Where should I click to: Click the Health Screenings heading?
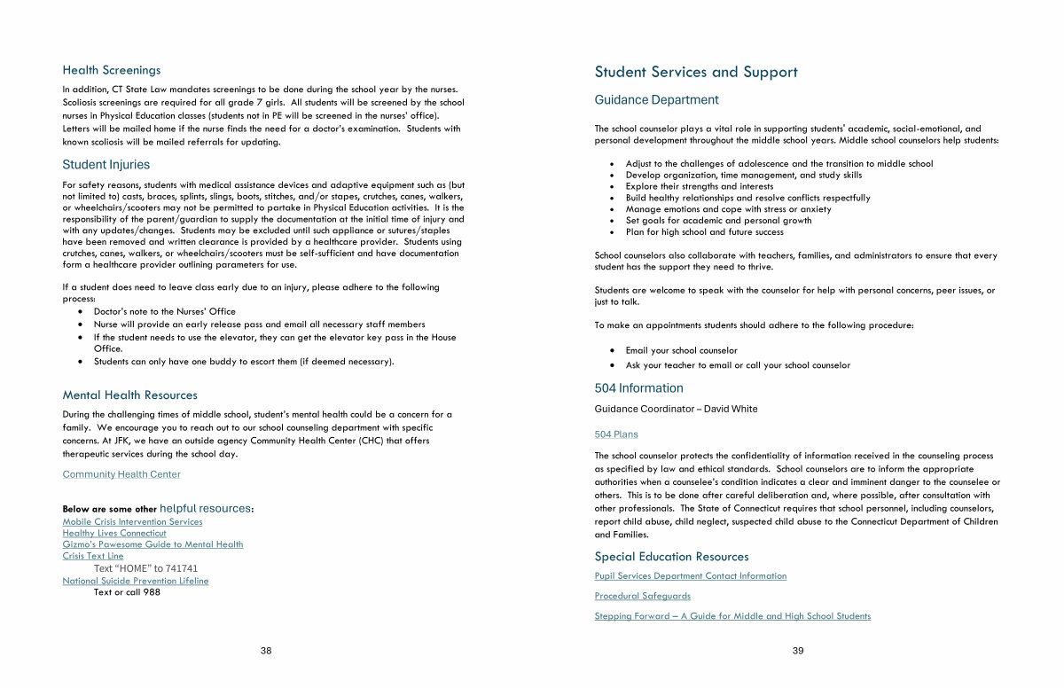coord(111,70)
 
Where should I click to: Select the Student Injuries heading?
coord(106,165)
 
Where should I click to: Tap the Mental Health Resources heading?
coord(129,395)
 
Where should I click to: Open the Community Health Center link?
coord(121,474)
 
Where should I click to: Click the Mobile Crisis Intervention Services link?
coord(132,522)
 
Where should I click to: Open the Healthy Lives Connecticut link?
coord(114,534)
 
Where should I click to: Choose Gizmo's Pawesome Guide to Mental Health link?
coord(153,544)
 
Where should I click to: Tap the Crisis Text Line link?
coord(93,556)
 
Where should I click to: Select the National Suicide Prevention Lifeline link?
coord(136,581)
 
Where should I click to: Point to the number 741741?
coord(181,568)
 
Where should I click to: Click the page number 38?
coord(266,651)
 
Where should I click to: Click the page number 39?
coord(798,651)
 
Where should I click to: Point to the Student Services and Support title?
coord(696,73)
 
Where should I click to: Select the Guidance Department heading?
coord(656,100)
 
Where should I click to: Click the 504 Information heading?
coord(638,388)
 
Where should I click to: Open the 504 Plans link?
coord(616,434)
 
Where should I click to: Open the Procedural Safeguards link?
coord(642,596)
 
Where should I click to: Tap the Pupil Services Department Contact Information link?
coord(690,576)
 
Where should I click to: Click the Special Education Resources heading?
coord(671,557)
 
